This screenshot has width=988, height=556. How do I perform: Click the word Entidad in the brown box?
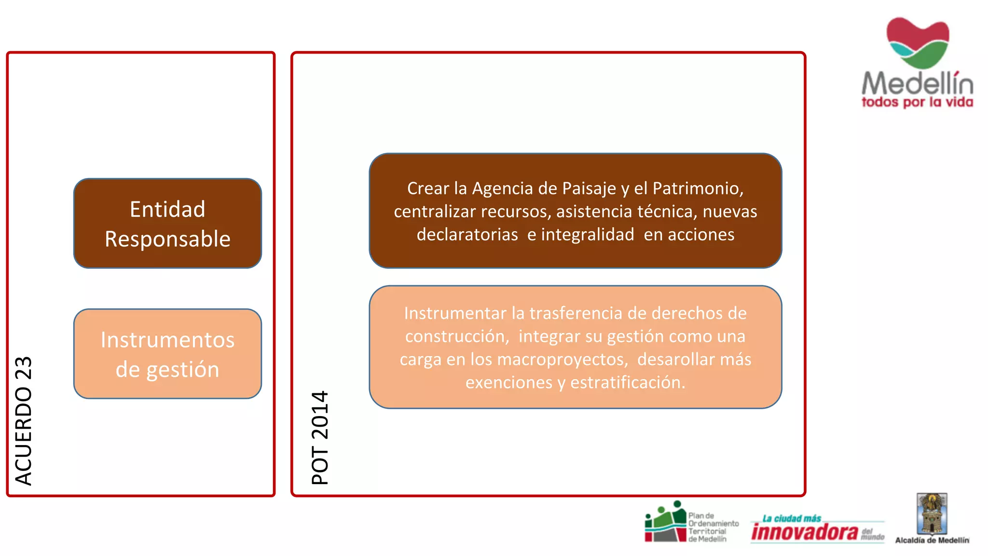click(x=167, y=209)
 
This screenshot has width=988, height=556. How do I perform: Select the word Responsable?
click(x=167, y=239)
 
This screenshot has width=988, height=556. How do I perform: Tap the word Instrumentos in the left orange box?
click(x=167, y=340)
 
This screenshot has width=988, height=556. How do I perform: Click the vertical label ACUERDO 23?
click(x=23, y=420)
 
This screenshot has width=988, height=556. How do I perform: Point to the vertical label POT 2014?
click(x=320, y=437)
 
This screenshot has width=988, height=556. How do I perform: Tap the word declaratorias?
click(x=467, y=235)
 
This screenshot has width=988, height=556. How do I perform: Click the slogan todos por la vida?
click(x=917, y=102)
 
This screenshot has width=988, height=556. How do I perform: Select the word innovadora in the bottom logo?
click(x=804, y=532)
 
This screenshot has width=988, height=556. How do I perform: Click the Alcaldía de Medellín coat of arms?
click(x=932, y=514)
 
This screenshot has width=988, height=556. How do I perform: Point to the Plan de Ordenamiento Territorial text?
click(x=713, y=527)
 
